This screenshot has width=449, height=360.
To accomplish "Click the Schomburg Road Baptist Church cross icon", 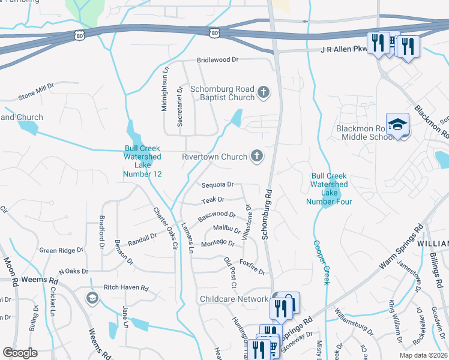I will point(263,92).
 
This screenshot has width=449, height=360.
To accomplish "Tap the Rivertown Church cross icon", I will point(256,157).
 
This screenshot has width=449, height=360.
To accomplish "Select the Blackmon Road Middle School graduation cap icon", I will point(397,125).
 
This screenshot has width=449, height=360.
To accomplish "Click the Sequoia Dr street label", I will point(217,185).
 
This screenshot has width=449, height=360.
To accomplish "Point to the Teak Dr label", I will point(212,199).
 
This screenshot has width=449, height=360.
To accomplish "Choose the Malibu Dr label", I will point(227,229).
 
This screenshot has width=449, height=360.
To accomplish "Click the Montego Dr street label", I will point(217,243).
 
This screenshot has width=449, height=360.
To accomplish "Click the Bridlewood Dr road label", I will point(218,60).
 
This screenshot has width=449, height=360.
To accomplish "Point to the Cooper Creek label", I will point(319,263).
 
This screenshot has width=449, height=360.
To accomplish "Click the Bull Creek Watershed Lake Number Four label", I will point(328,188).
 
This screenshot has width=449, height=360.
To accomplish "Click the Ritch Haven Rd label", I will point(125,288).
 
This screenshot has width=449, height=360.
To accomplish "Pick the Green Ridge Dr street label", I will point(61,250).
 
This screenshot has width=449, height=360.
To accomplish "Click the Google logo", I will point(20,353).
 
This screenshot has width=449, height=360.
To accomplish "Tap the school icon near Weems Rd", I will point(92,298).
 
